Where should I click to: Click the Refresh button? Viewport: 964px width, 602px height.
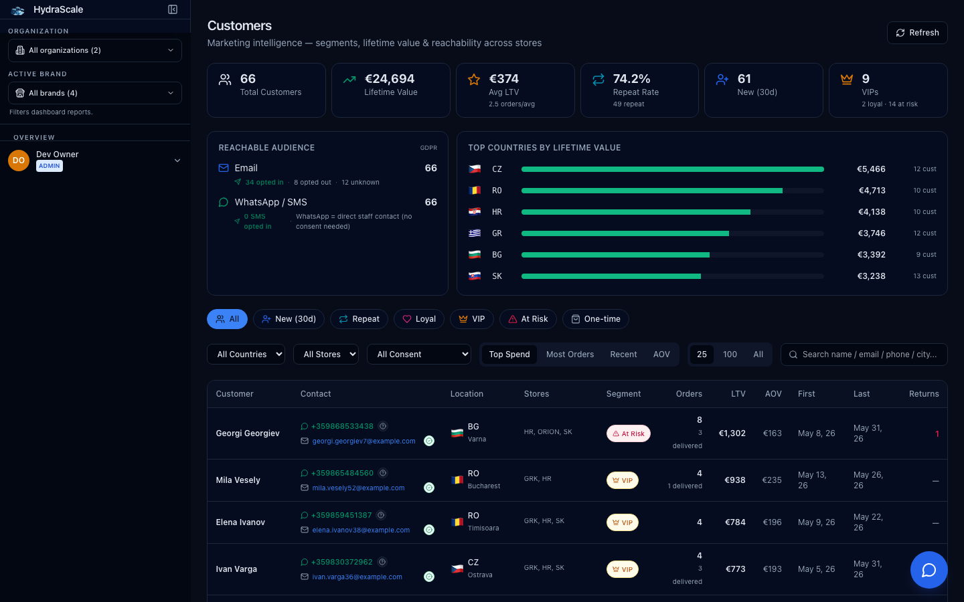pyautogui.click(x=917, y=33)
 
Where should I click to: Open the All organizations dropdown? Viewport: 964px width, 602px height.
pyautogui.click(x=94, y=50)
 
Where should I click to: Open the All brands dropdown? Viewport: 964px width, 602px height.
pyautogui.click(x=94, y=93)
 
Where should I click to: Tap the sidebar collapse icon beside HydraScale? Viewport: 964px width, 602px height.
pyautogui.click(x=173, y=9)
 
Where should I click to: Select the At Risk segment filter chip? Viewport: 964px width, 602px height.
pyautogui.click(x=528, y=319)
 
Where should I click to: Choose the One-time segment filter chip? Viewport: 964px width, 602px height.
pyautogui.click(x=595, y=319)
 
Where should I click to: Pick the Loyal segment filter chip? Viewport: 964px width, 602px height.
pyautogui.click(x=419, y=319)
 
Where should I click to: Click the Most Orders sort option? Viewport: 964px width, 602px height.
pyautogui.click(x=570, y=355)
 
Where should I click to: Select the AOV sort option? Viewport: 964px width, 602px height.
pyautogui.click(x=661, y=355)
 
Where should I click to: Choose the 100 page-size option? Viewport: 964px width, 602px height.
pyautogui.click(x=730, y=355)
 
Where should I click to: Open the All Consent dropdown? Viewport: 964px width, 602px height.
pyautogui.click(x=419, y=355)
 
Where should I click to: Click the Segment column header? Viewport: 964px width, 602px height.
pyautogui.click(x=623, y=394)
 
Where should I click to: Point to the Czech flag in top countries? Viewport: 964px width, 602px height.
pyautogui.click(x=474, y=169)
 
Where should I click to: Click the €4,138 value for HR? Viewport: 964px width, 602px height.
pyautogui.click(x=872, y=212)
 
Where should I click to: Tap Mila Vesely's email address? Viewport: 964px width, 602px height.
pyautogui.click(x=358, y=488)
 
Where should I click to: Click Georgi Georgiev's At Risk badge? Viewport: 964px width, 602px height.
pyautogui.click(x=629, y=433)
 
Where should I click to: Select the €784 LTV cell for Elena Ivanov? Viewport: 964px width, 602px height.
pyautogui.click(x=735, y=522)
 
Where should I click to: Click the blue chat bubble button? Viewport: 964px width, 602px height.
pyautogui.click(x=929, y=570)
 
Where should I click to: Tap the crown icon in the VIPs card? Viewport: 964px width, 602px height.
pyautogui.click(x=846, y=79)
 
